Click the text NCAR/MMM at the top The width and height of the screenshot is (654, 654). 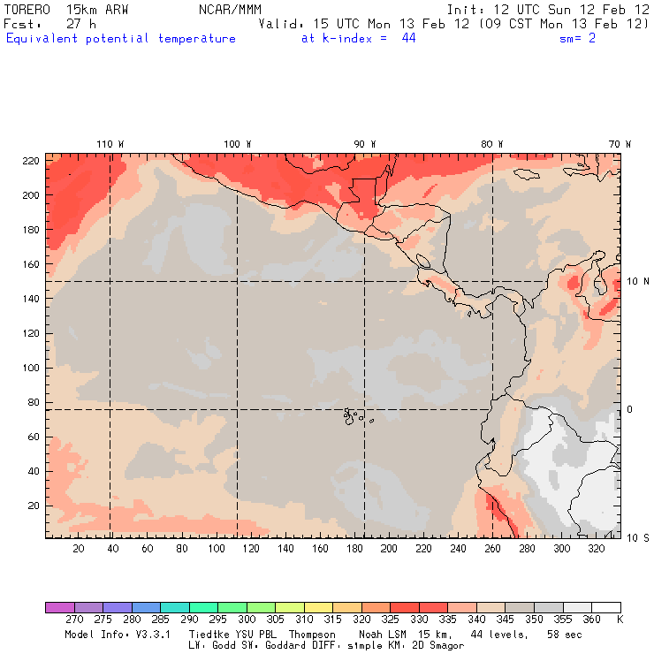coord(230,9)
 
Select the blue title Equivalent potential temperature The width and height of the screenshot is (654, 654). coord(121,39)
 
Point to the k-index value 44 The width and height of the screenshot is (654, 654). coord(408,39)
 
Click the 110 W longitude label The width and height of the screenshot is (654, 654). coord(110,144)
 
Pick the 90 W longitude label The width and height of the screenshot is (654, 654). coord(365,144)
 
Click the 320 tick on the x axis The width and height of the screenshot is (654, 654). coord(597,549)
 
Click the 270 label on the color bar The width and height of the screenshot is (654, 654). coord(73,620)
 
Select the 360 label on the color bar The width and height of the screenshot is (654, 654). coord(591,620)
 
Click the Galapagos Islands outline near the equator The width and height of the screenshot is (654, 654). coord(354,414)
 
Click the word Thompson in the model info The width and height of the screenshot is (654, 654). coord(308,635)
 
